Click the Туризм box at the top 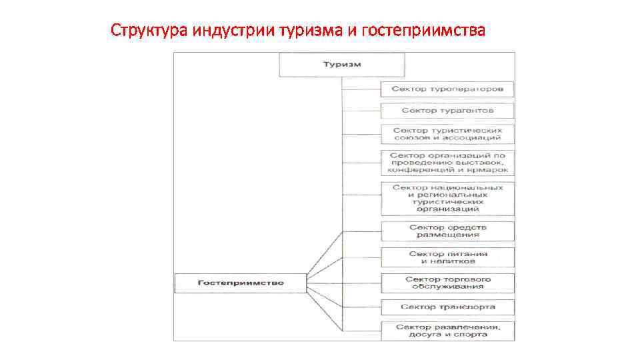[341, 65]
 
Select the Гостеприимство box [240, 283]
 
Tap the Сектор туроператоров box [447, 89]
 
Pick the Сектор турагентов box [447, 110]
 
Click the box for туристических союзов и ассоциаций [447, 134]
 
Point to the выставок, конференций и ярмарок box [447, 162]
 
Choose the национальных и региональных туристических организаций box [447, 198]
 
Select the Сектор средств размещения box [447, 231]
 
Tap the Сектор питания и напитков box [447, 257]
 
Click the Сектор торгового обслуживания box [447, 282]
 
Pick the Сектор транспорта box [447, 307]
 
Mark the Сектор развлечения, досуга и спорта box [447, 331]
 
